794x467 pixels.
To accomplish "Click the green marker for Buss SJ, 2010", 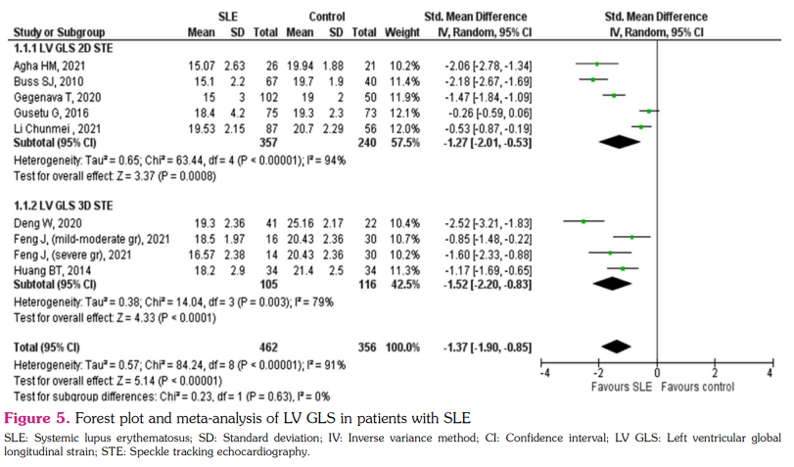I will [x=592, y=81].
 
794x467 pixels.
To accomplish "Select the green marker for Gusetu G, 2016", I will [x=648, y=112].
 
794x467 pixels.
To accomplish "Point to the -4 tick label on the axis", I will [x=543, y=375].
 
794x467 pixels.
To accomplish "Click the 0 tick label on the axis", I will [x=656, y=375].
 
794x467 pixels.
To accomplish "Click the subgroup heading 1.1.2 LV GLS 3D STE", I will [x=67, y=205].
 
